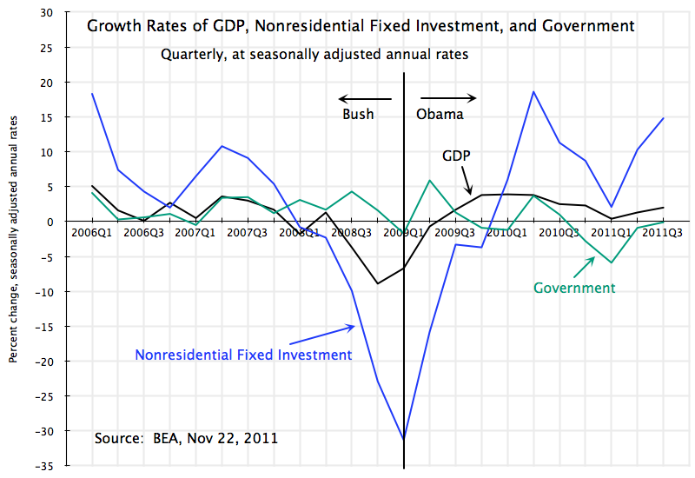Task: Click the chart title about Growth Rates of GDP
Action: (361, 26)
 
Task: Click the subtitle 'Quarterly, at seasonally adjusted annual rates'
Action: (314, 54)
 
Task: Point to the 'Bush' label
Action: (358, 114)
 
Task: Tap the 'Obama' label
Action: (440, 114)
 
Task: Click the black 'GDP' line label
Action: (456, 156)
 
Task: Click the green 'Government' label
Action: (574, 288)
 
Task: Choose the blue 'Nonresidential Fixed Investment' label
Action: (243, 355)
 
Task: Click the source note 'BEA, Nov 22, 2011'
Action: (186, 438)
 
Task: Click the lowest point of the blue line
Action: (403, 440)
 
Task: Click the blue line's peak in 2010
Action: (533, 91)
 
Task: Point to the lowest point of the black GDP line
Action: (377, 283)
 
